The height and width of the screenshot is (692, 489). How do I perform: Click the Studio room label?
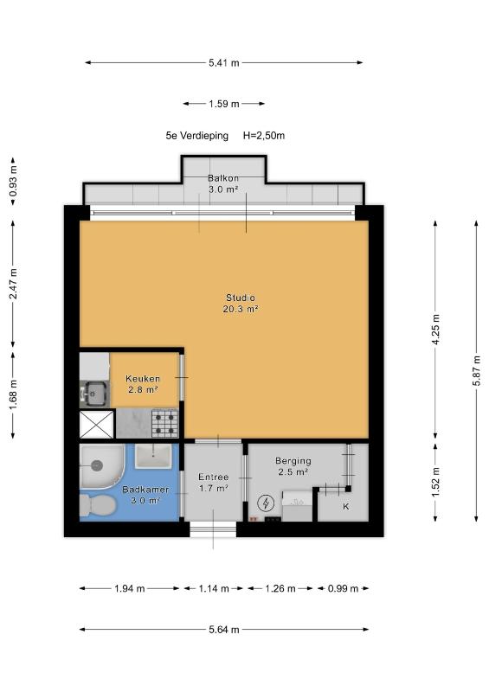click(241, 298)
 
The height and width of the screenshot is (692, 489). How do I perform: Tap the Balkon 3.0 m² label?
click(223, 183)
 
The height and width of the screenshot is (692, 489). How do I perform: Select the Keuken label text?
click(143, 379)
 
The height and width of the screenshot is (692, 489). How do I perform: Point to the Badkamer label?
click(145, 490)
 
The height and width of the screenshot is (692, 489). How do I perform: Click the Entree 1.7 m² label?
click(214, 483)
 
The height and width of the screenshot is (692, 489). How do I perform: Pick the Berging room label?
click(293, 461)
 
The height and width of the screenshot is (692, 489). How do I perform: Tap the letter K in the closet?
click(346, 506)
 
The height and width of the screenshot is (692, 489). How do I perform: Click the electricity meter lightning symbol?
click(266, 503)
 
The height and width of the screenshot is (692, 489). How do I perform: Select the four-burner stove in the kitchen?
click(165, 423)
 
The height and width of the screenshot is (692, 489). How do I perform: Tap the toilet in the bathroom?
click(98, 505)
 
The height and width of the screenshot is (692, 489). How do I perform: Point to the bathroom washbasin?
click(153, 456)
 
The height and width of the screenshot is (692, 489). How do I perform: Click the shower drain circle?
click(97, 465)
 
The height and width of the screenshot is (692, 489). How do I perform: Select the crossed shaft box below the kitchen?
click(97, 424)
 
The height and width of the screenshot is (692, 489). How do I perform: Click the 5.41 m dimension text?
click(224, 62)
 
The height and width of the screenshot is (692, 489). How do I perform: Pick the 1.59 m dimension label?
click(224, 104)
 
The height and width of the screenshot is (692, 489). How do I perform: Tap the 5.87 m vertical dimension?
click(476, 371)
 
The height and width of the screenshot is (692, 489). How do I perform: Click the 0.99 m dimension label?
click(343, 588)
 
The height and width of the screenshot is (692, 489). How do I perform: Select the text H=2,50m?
click(264, 136)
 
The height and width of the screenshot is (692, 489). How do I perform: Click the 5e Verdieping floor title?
click(197, 136)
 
